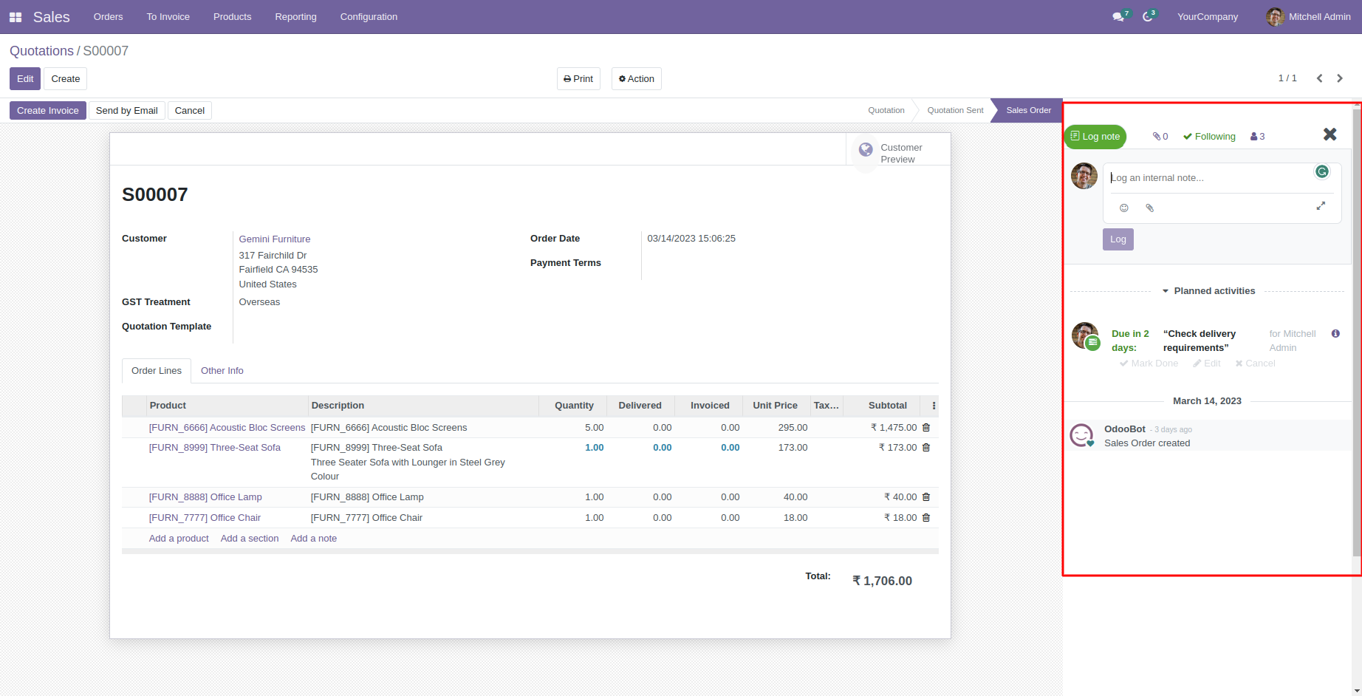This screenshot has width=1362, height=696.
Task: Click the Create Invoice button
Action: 47,111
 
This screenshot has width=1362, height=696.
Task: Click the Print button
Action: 578,79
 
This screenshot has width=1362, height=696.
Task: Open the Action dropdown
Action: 636,79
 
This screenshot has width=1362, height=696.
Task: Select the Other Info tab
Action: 222,371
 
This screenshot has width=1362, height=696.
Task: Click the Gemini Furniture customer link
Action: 275,239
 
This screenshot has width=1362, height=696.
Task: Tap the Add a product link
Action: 179,539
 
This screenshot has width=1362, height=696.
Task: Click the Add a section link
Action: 250,539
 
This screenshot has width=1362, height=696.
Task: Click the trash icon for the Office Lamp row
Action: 926,497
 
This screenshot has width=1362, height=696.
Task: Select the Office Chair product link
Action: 205,518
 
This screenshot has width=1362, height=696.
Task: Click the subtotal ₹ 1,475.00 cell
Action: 893,428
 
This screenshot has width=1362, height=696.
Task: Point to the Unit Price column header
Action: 775,406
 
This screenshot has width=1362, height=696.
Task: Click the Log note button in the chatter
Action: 1095,137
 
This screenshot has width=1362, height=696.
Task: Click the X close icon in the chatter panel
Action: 1330,134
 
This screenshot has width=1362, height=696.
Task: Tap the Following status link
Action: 1209,137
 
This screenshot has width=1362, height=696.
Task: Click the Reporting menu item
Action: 295,17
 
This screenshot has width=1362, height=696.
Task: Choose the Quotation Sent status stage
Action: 955,111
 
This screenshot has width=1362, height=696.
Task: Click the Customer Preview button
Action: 897,154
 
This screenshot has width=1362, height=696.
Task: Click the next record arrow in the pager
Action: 1340,78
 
